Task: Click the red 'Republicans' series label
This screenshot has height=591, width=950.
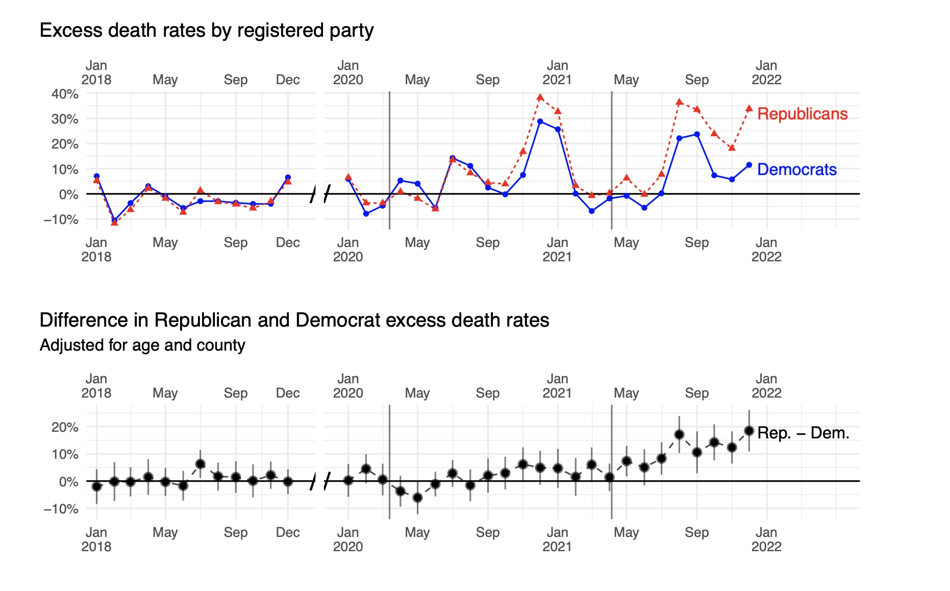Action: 802,114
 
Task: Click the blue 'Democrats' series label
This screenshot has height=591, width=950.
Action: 796,169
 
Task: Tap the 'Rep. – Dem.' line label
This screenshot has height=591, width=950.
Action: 803,433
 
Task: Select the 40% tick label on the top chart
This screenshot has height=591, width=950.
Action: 65,94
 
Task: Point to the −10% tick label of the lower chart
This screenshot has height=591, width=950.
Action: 61,509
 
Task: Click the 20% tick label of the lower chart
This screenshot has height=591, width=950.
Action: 65,427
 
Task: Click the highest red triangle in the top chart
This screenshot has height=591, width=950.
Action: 540,97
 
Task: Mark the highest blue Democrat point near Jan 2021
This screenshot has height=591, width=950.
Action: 540,121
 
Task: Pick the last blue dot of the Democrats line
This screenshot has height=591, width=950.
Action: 749,165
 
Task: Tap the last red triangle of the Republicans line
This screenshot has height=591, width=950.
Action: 749,108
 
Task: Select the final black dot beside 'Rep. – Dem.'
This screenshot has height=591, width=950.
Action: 749,431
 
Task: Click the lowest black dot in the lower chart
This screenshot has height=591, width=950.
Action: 417,497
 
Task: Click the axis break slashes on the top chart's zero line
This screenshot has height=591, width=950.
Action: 320,194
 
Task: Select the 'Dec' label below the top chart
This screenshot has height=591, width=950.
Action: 288,242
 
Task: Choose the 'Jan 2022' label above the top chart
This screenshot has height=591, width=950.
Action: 766,72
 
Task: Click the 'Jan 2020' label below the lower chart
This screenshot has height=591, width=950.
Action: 348,539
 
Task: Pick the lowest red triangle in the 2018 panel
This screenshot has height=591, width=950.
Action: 114,223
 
